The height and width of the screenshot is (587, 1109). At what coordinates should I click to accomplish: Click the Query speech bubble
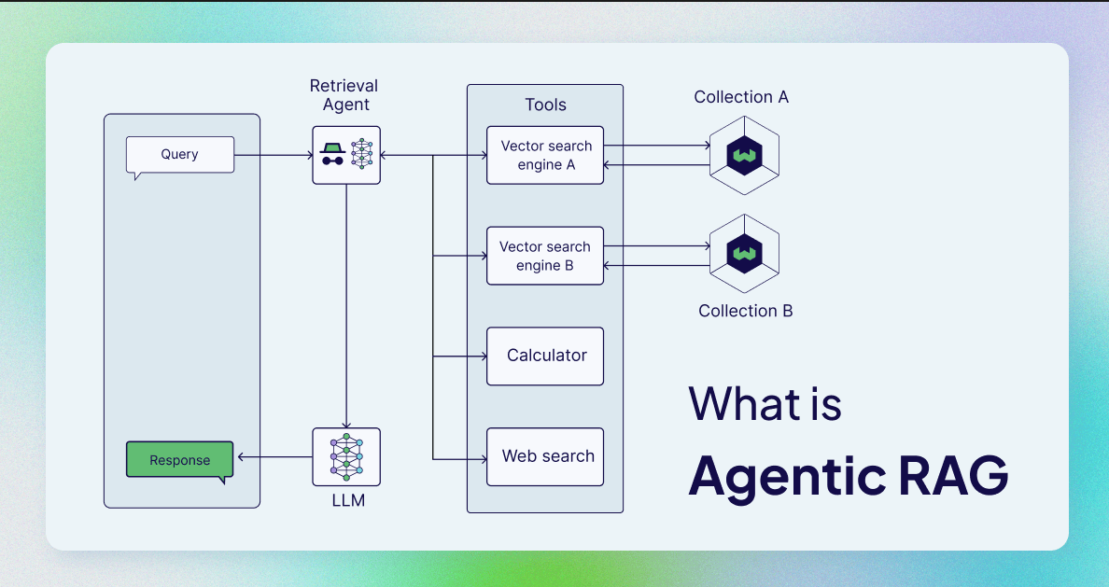coord(179,155)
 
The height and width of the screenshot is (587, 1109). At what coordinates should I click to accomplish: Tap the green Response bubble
coord(179,460)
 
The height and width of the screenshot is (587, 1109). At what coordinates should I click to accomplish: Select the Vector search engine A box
coord(545,156)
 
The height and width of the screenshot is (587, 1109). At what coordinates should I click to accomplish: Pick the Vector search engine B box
coord(545,256)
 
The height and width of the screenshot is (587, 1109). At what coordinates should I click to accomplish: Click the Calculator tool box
coord(545,356)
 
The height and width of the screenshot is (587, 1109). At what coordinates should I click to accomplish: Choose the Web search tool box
coord(545,457)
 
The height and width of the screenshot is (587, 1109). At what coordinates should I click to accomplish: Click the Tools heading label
coord(545,105)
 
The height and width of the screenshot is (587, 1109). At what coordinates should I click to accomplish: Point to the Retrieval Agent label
coord(344,95)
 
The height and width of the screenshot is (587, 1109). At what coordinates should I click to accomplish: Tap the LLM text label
coord(348,501)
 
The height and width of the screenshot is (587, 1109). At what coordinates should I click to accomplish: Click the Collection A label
coord(741,97)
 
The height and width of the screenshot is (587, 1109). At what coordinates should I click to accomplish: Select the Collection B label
coord(746,311)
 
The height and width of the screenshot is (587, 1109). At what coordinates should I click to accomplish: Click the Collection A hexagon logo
coord(744,155)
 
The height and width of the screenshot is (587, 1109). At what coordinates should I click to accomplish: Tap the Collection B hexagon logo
coord(744,254)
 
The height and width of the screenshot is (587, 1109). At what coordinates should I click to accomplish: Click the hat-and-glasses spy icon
coord(332,154)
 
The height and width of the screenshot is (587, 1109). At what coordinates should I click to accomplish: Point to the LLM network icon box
coord(346,457)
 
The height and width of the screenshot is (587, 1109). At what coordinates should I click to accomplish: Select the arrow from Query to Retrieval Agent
coord(274,156)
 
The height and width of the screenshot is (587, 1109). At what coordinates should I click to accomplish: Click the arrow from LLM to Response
coord(275,457)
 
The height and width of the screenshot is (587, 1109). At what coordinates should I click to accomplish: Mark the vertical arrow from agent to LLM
coord(346,306)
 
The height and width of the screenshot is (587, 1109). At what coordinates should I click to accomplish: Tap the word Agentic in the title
coord(787,479)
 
